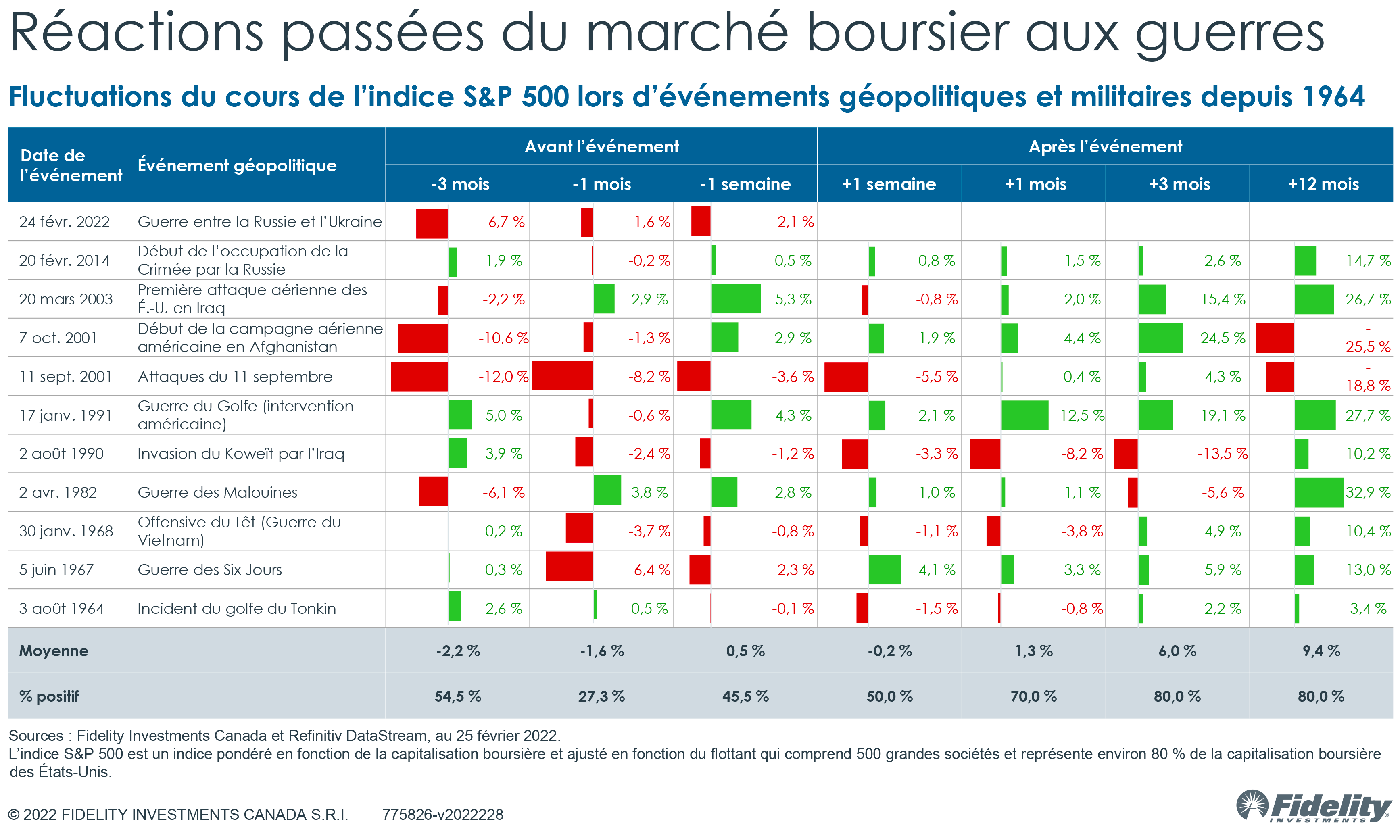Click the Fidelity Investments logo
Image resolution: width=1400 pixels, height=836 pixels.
(1312, 807)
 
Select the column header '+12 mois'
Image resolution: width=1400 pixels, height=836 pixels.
(1323, 184)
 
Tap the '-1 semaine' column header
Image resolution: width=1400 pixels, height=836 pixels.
(745, 184)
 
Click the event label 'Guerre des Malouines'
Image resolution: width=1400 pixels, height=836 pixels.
(217, 492)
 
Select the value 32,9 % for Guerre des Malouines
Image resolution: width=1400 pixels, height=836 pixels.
(1367, 492)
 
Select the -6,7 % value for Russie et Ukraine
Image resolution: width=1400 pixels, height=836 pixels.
(503, 222)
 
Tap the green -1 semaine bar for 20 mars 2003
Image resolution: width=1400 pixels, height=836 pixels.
(736, 299)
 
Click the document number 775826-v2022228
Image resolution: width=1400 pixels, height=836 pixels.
(443, 815)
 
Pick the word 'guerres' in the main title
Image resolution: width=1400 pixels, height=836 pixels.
(1229, 34)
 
